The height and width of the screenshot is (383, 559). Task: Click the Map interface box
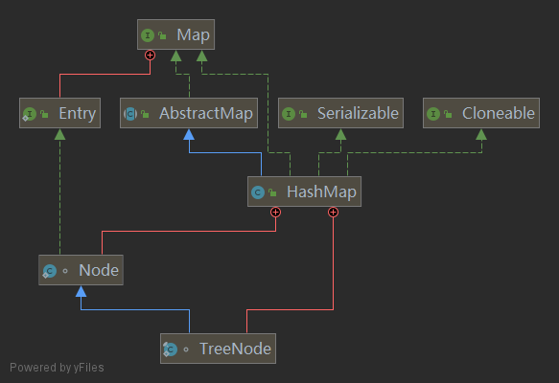pos(175,36)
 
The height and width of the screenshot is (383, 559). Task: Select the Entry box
pos(58,113)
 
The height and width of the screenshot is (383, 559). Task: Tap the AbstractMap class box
pos(190,113)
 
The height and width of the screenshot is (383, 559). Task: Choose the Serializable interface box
pos(340,113)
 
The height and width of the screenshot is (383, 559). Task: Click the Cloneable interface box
pos(480,113)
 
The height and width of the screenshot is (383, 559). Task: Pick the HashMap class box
pos(304,191)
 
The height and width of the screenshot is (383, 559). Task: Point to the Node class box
pos(82,270)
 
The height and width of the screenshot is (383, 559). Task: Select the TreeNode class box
pos(218,349)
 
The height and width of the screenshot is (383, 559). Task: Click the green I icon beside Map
pos(149,36)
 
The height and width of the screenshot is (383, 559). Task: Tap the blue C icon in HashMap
pos(258,192)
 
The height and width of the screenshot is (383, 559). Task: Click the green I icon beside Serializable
pos(287,114)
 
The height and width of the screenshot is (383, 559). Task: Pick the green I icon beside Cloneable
pos(432,114)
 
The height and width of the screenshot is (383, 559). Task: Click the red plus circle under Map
pos(150,56)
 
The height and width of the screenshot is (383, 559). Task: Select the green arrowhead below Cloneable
pos(480,134)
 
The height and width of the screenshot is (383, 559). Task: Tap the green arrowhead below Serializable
pos(340,134)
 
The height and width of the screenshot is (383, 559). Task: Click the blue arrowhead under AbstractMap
pos(190,134)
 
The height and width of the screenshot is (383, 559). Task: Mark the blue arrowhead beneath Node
pos(82,291)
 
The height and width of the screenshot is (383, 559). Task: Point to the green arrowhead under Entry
pos(58,134)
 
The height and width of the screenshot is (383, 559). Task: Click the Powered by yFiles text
pos(57,367)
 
